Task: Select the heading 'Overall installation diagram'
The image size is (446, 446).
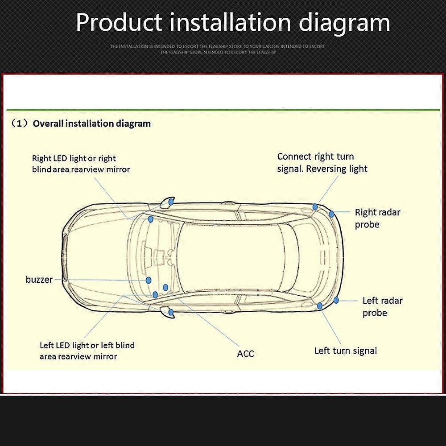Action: pos(91,124)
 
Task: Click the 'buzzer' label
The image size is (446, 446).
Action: pos(39,280)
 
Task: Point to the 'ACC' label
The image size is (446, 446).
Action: pos(245,354)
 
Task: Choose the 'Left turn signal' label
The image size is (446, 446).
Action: pos(345,351)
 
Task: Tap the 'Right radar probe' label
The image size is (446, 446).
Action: pos(377,218)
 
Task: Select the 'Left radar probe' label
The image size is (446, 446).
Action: pos(382,306)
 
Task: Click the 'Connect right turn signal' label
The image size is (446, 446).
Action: pos(315,157)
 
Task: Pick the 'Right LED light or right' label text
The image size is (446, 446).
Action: pos(74,158)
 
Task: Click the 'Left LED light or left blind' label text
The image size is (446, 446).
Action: pos(87,345)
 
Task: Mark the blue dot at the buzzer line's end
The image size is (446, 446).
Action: pos(149,280)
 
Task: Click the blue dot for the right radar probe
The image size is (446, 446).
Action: pos(331,214)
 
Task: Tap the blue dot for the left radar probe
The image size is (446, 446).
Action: pos(336,300)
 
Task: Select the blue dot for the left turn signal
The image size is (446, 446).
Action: pos(320,306)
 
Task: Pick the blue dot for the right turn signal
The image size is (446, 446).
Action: pos(315,207)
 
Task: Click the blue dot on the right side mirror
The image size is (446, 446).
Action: pos(171,202)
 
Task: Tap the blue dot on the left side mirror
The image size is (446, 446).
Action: pos(171,312)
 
